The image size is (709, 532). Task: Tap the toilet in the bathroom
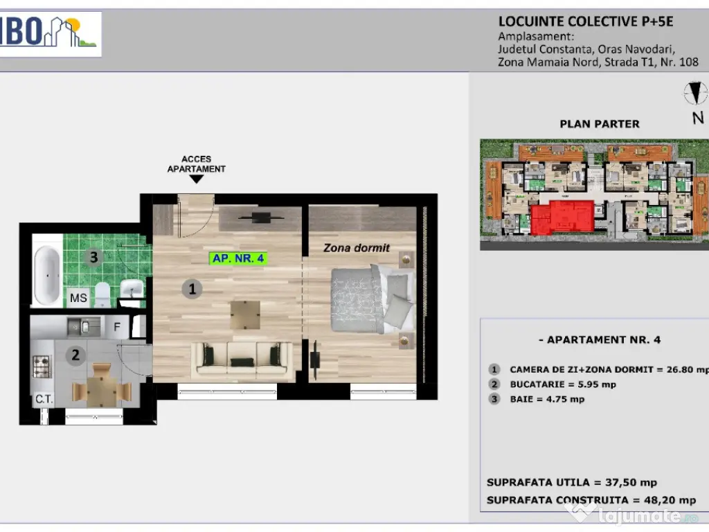(x=102, y=294)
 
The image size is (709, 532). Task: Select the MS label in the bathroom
(x=79, y=298)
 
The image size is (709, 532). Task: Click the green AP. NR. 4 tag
(x=238, y=258)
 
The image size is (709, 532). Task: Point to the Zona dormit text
(x=357, y=247)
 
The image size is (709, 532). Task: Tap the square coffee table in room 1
(x=246, y=315)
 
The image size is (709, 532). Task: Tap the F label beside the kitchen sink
(x=118, y=326)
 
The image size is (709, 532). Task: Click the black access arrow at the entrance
(x=197, y=179)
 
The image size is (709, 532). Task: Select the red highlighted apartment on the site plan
(x=562, y=218)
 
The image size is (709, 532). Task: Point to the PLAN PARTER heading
(x=599, y=124)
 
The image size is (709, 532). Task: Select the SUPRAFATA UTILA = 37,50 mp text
(x=572, y=483)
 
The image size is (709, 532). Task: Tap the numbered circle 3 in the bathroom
(x=94, y=258)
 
